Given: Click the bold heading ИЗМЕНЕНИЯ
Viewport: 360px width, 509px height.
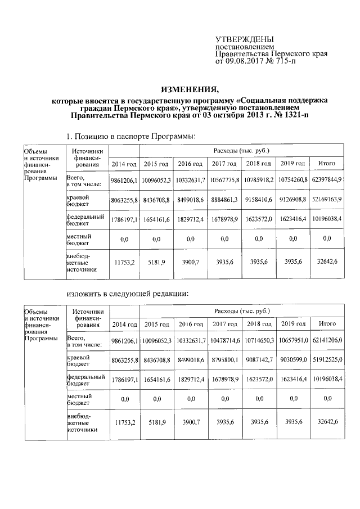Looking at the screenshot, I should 189,89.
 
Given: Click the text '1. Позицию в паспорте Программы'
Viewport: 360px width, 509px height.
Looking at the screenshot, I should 131,136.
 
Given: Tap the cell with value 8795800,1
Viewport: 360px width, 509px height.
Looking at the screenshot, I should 225,360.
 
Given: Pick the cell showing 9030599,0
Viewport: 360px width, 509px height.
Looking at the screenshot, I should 292,360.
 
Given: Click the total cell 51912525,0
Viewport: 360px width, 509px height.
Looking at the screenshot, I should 327,360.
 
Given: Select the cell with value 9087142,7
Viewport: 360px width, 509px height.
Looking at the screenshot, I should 259,360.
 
